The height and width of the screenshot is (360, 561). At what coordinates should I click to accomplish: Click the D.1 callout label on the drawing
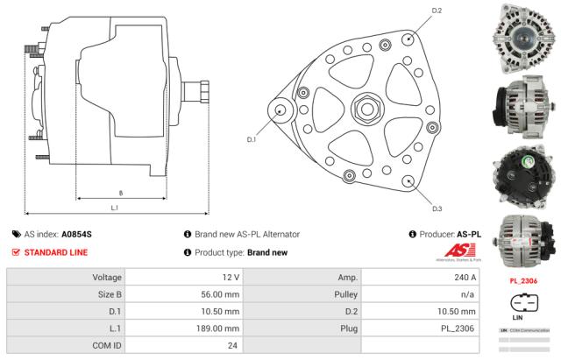pyautogui.click(x=251, y=139)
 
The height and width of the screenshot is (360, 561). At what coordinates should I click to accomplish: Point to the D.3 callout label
pyautogui.click(x=437, y=208)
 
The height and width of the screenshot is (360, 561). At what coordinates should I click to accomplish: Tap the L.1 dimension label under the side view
pyautogui.click(x=115, y=208)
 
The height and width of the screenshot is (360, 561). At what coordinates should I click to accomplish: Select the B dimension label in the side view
pyautogui.click(x=120, y=192)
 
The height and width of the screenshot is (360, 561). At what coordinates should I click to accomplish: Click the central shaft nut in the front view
pyautogui.click(x=364, y=110)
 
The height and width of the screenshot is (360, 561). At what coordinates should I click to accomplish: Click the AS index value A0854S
pyautogui.click(x=76, y=235)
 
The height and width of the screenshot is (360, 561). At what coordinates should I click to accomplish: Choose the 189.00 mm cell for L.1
pyautogui.click(x=220, y=328)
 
